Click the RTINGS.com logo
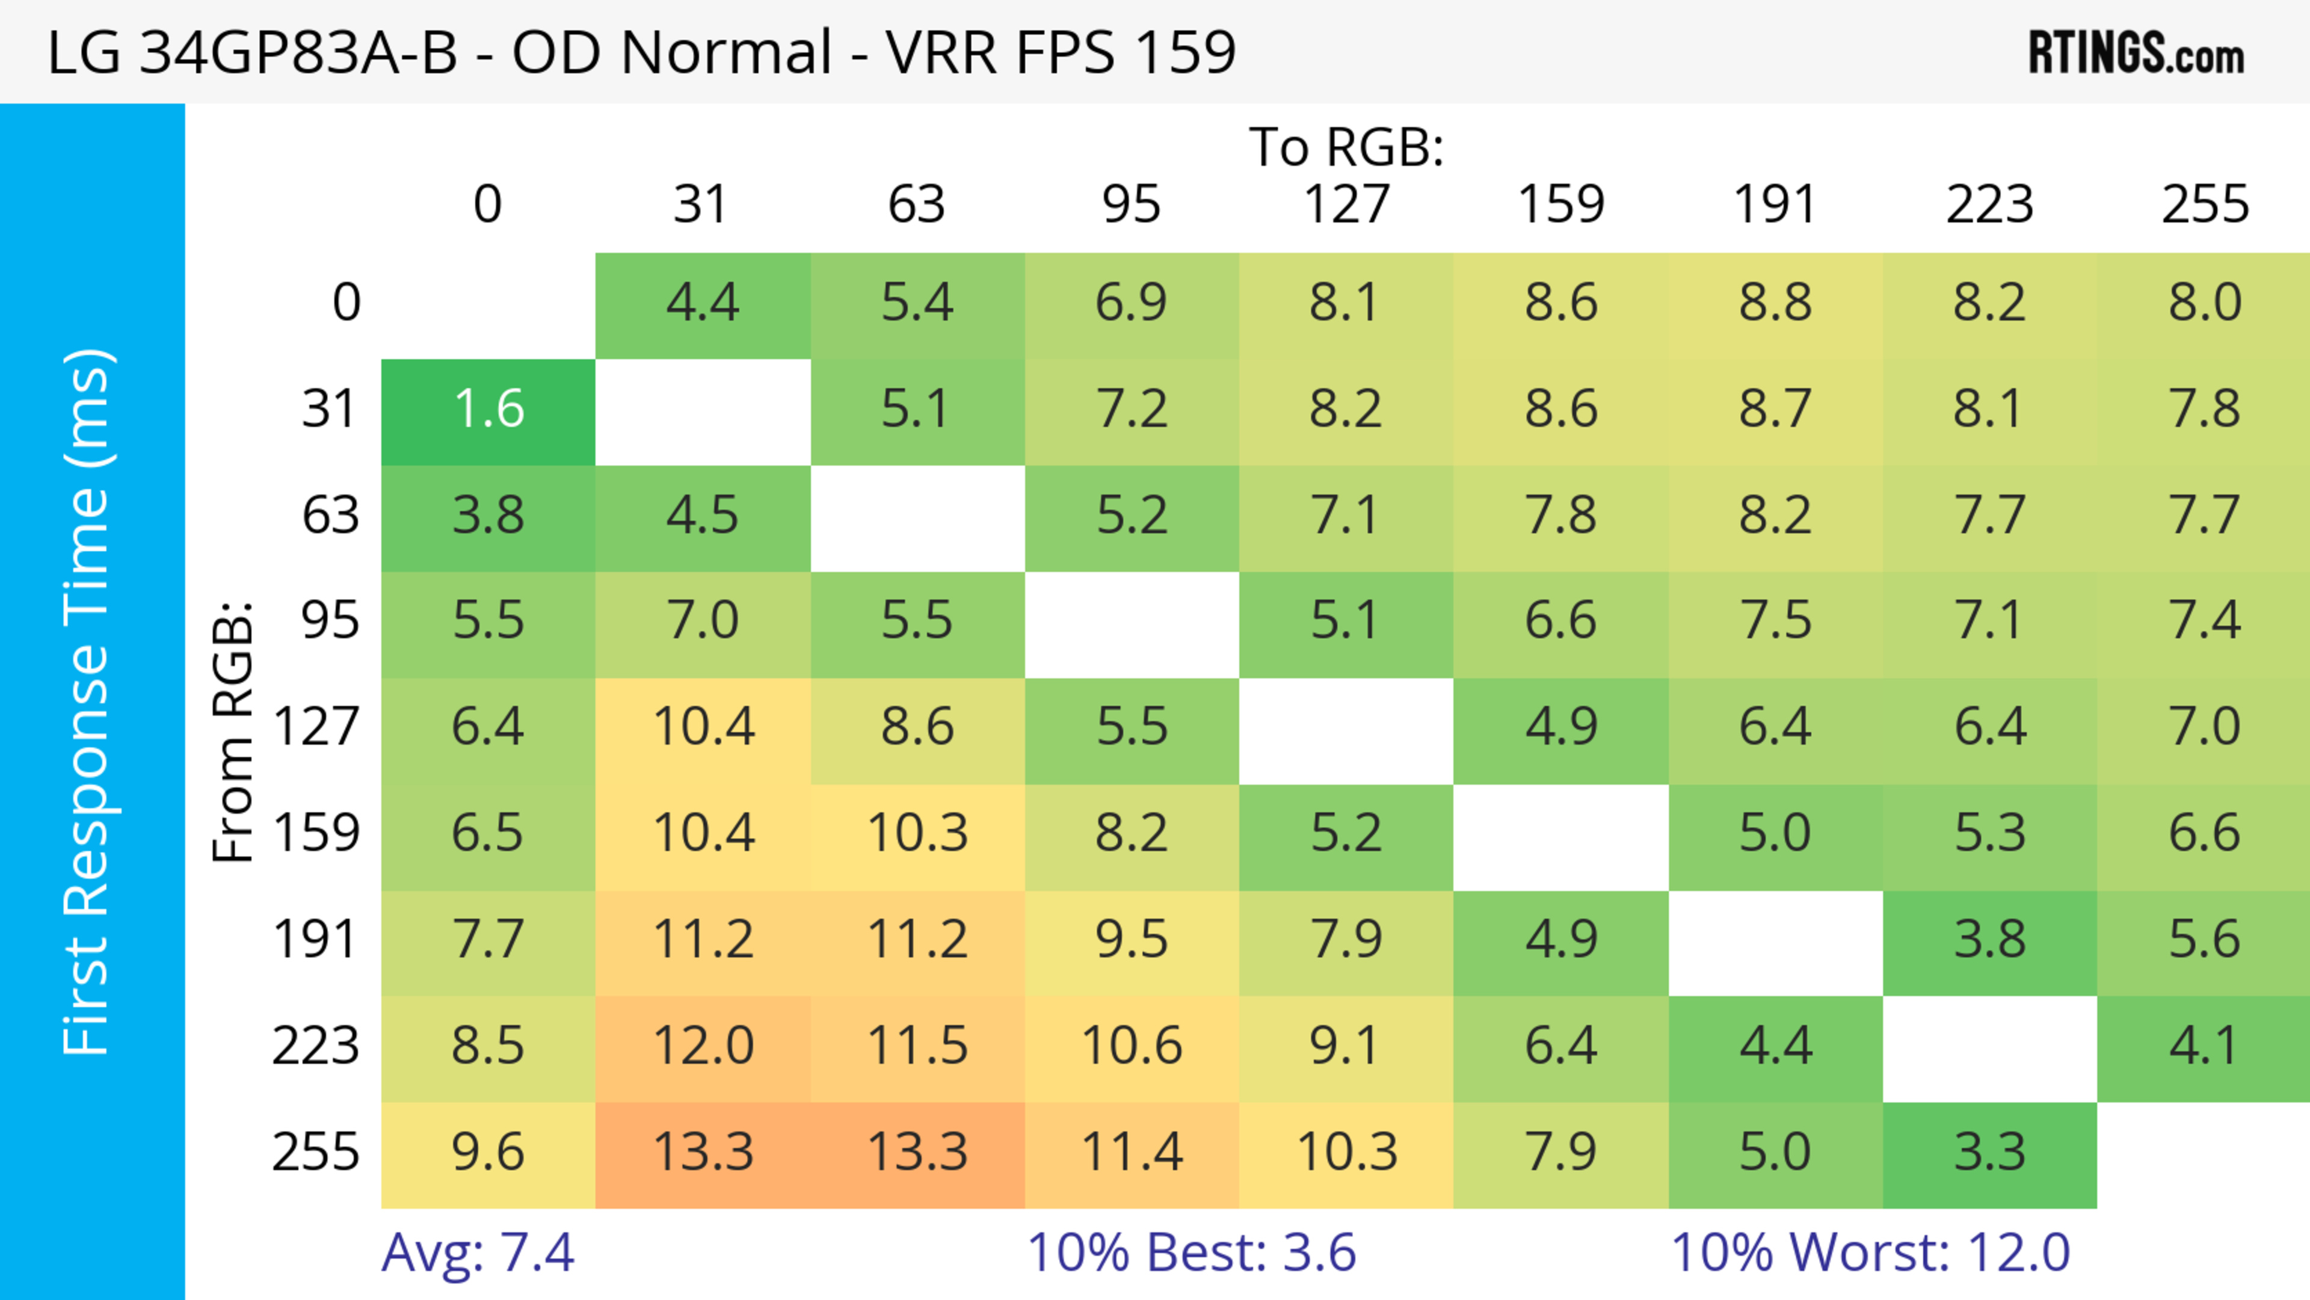(2136, 53)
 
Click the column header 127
(1346, 205)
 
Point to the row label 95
(330, 620)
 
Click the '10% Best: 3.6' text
(1191, 1252)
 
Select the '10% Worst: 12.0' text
(1871, 1252)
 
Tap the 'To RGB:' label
(1346, 147)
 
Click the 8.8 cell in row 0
(1776, 303)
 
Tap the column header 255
(2204, 205)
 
